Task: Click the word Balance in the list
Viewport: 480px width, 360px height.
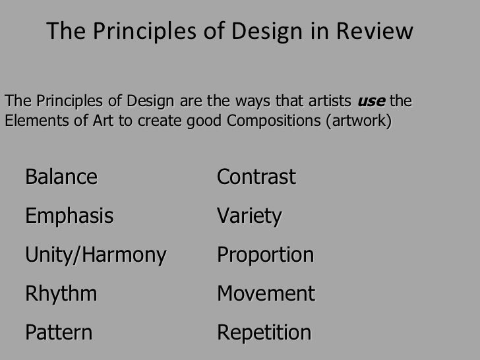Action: coord(61,177)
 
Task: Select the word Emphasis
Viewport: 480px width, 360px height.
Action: coord(69,216)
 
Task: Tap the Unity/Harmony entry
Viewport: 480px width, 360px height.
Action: coord(96,255)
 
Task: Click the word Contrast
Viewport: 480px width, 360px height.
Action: coord(256,177)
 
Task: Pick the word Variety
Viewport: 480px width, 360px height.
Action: coord(249,216)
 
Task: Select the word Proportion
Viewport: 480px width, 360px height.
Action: coord(265,255)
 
